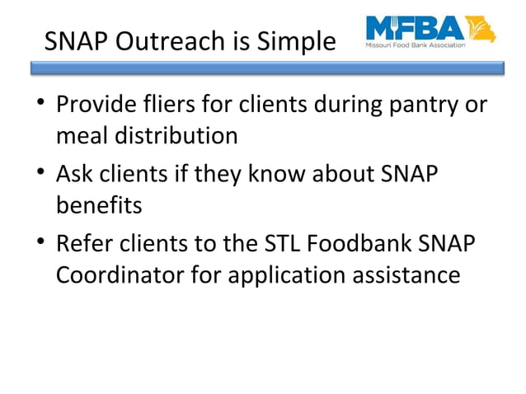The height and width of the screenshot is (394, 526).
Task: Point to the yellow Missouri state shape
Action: click(481, 29)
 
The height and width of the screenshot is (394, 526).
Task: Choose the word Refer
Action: click(82, 245)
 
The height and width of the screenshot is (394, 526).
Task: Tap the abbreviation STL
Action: click(265, 245)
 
